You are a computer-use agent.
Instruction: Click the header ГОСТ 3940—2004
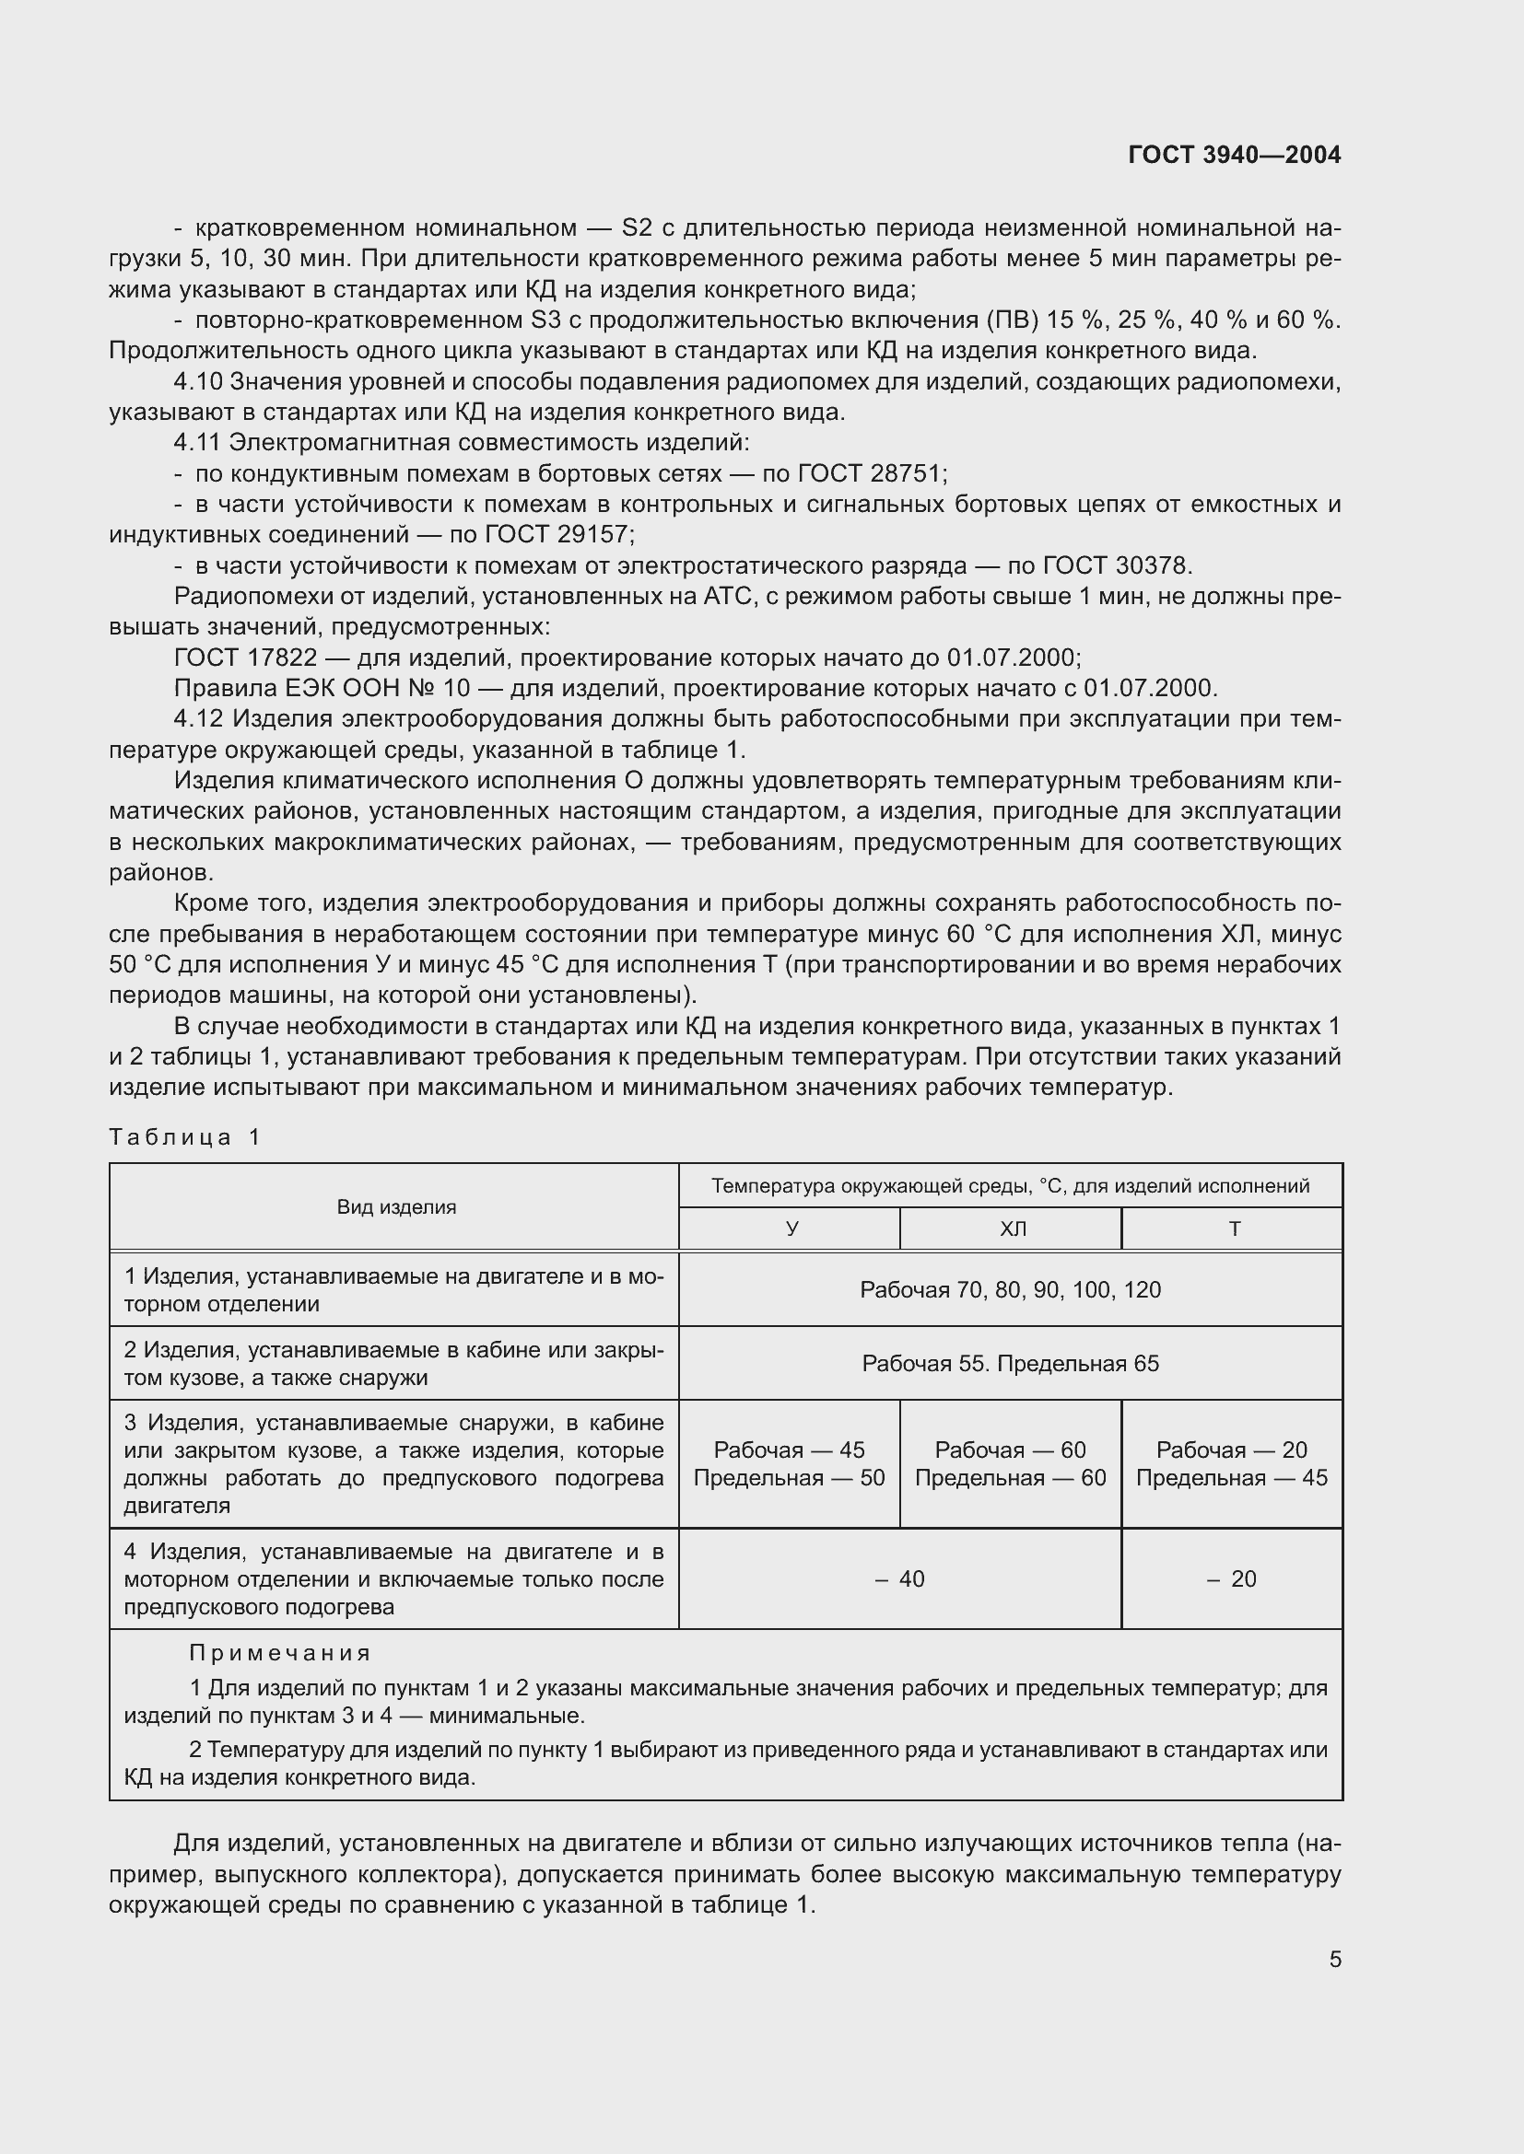pyautogui.click(x=1234, y=155)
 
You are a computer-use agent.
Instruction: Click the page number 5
pyautogui.click(x=1334, y=1959)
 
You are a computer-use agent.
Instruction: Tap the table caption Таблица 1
pyautogui.click(x=184, y=1137)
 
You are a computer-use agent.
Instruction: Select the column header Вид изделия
pyautogui.click(x=396, y=1207)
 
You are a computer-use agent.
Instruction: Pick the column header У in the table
pyautogui.click(x=791, y=1229)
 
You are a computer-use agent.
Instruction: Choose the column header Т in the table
pyautogui.click(x=1234, y=1229)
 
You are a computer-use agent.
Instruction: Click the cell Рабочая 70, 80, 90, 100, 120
pyautogui.click(x=1010, y=1290)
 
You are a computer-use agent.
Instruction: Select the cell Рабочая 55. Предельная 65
pyautogui.click(x=1010, y=1363)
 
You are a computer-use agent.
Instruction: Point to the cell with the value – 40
pyautogui.click(x=900, y=1579)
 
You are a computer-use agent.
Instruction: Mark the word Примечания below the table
pyautogui.click(x=280, y=1652)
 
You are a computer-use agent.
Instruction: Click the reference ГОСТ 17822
pyautogui.click(x=246, y=658)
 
